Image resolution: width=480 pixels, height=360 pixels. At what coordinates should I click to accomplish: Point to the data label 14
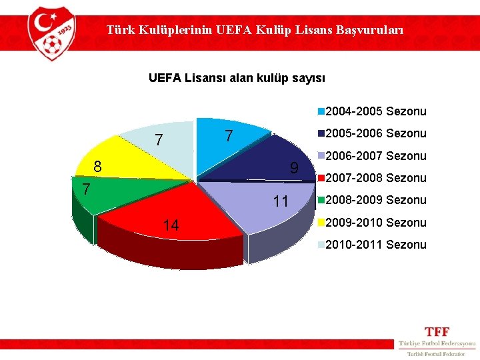(x=171, y=226)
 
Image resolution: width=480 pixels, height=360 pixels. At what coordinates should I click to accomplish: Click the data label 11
(x=281, y=201)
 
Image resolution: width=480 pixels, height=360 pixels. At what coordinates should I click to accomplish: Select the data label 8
(x=97, y=167)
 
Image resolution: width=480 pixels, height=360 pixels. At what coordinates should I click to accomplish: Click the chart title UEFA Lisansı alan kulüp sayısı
(x=237, y=79)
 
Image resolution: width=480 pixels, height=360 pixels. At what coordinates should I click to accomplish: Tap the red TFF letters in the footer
(x=437, y=331)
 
